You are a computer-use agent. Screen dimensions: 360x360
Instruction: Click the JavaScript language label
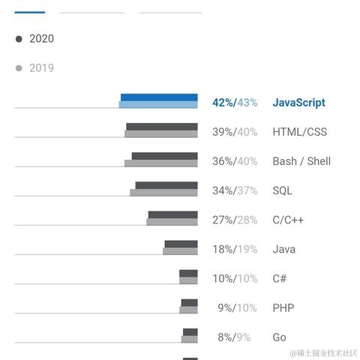coord(298,103)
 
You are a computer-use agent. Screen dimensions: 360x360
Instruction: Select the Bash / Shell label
coord(301,161)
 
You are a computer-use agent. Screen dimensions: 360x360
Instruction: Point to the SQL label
coord(283,190)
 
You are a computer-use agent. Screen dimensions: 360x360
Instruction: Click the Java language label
coord(283,249)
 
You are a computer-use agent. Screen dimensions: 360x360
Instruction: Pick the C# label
coord(279,278)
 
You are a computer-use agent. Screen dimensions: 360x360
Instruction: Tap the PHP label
coord(283,307)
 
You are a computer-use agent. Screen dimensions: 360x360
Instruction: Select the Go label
coord(279,337)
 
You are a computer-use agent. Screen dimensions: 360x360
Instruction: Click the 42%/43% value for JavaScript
coord(235,103)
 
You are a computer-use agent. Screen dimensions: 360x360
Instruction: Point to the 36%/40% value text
coord(235,161)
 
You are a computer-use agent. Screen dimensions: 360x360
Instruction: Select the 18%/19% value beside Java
coord(235,249)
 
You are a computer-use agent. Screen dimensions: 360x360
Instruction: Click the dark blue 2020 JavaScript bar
coord(159,97)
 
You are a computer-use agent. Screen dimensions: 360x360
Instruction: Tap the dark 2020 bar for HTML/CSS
coord(162,127)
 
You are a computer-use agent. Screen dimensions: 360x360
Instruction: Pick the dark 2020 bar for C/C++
coord(172,214)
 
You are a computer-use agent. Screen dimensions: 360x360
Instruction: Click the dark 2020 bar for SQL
coord(166,185)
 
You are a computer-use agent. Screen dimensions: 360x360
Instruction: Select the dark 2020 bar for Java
coord(181,244)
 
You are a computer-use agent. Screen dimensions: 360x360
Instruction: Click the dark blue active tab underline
coord(30,12)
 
